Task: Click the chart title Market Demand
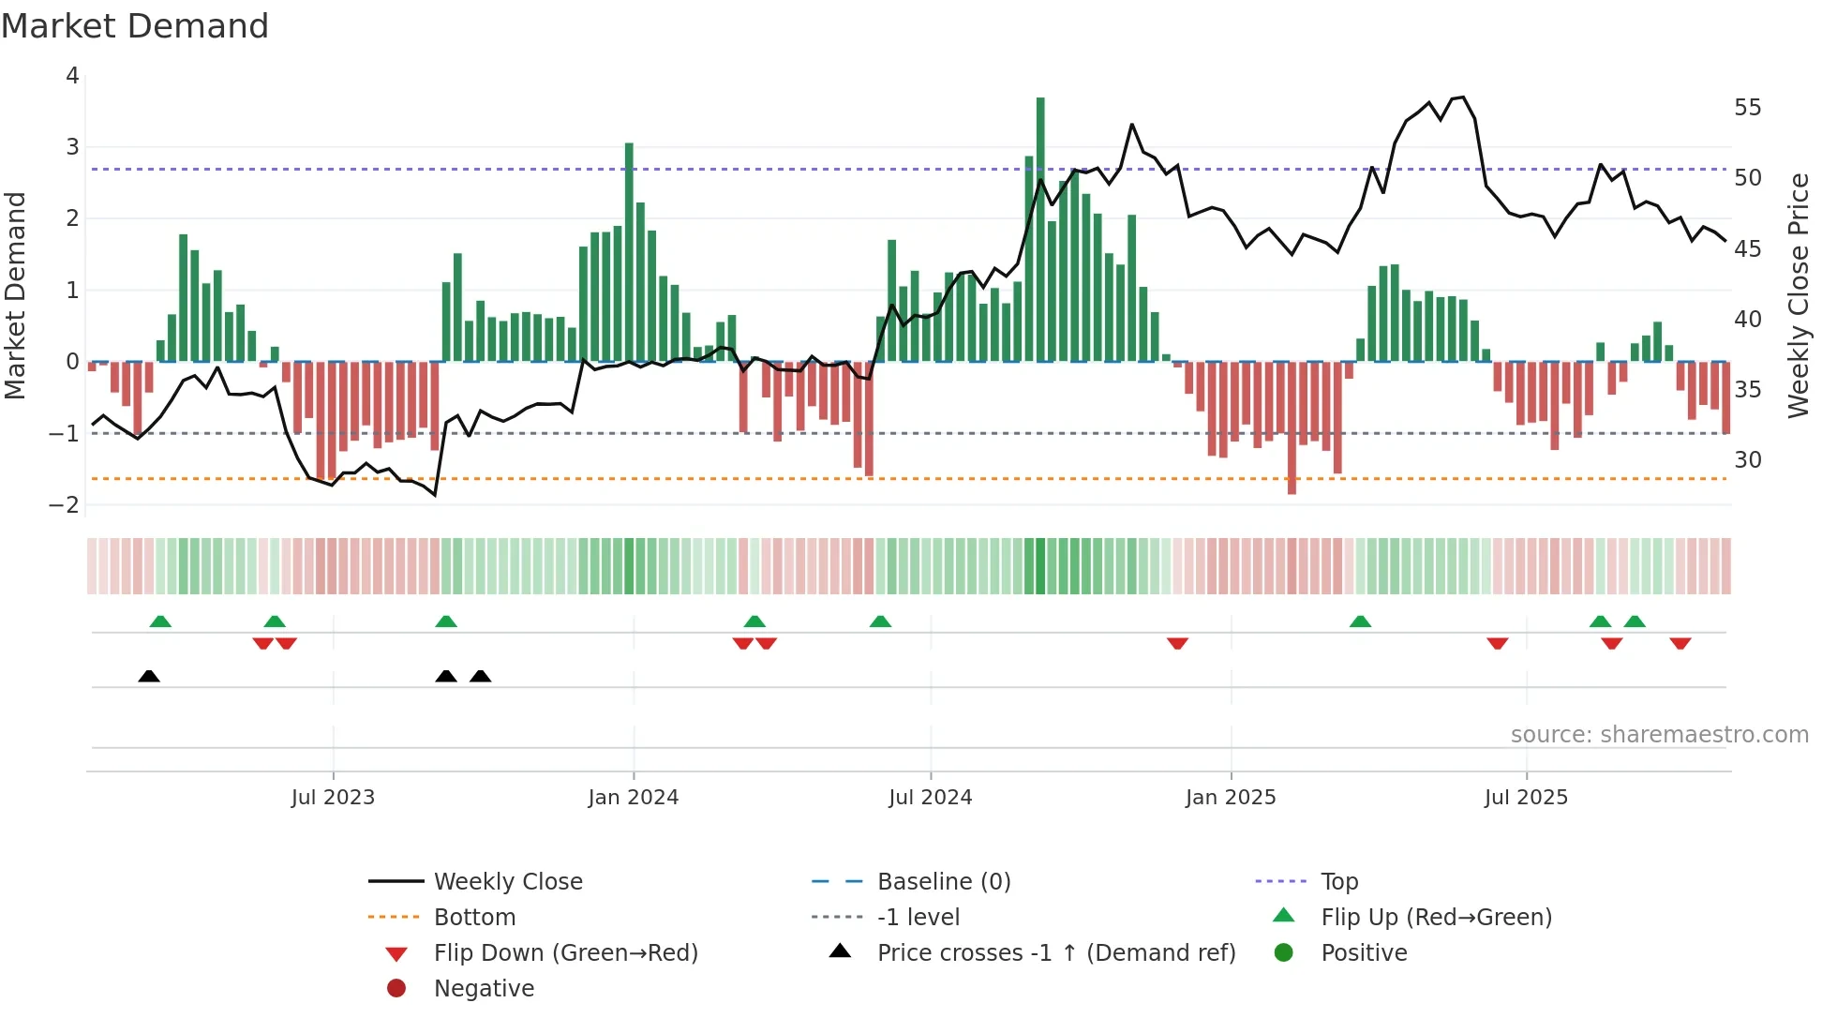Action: coord(135,26)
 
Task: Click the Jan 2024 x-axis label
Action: coord(633,798)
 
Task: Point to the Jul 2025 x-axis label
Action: coord(1526,798)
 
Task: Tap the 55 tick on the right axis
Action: coord(1747,108)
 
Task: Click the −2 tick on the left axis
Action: coord(65,505)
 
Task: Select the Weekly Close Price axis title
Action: coord(1798,295)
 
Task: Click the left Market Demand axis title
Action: coord(16,295)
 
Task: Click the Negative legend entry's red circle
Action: coord(396,989)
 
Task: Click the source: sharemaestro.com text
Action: coord(1659,735)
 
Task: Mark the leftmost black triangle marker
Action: coord(149,676)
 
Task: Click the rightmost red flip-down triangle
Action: coord(1680,643)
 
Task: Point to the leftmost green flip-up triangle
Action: coord(160,621)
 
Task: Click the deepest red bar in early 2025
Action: coord(1292,427)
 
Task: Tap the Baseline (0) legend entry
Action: coord(943,882)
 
